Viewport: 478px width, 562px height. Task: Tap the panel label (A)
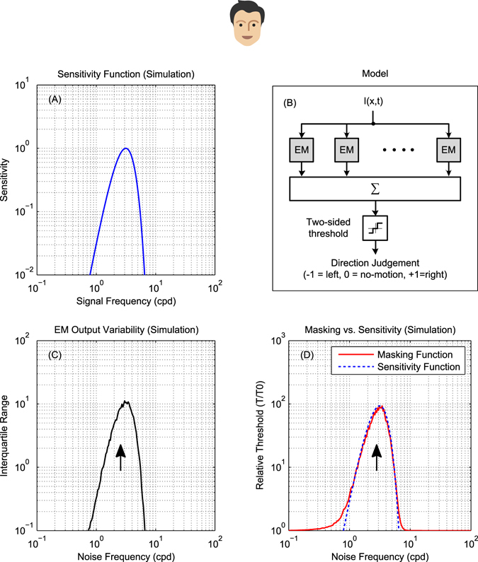point(55,100)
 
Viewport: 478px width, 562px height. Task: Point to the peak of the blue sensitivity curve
point(125,148)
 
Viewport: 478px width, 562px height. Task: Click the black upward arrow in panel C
point(120,457)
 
